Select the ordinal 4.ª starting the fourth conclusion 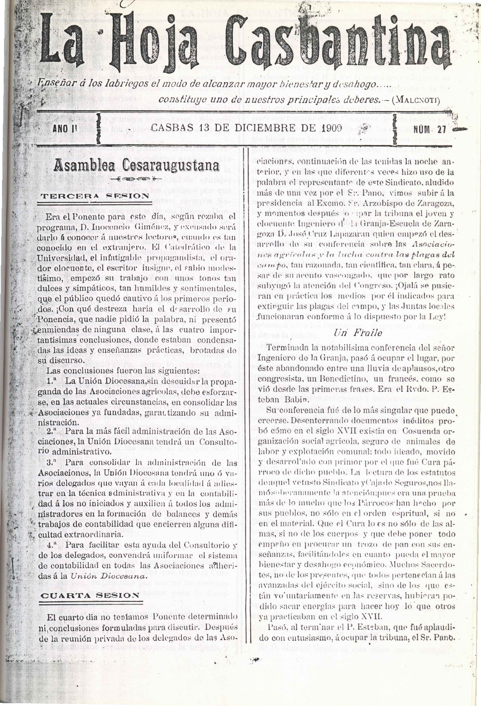coord(53,544)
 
